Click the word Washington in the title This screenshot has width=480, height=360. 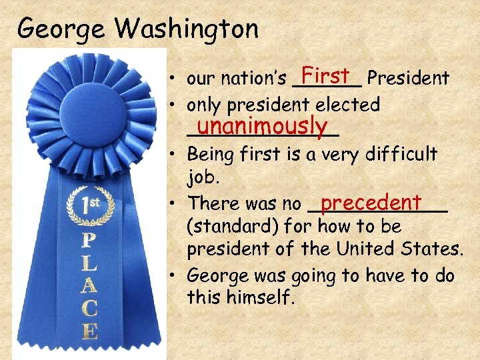(187, 29)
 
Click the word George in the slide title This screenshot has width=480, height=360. (62, 29)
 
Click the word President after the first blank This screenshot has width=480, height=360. (408, 79)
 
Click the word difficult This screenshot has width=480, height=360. (401, 155)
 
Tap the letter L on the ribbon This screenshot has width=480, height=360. (89, 263)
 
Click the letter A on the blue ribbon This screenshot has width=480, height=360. (89, 286)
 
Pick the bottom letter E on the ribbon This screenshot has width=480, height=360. (89, 331)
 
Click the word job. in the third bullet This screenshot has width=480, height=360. (202, 179)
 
